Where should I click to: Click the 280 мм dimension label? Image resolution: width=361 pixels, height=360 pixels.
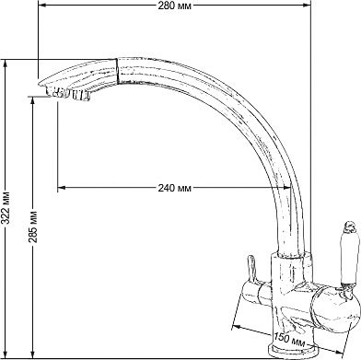coord(175,6)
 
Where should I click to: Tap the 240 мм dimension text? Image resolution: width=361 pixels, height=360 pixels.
coord(175,188)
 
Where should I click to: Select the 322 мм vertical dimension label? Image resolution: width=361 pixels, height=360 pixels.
coord(6,209)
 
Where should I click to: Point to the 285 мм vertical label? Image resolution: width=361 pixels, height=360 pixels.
coord(33,226)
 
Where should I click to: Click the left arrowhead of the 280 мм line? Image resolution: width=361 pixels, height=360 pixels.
coord(42,6)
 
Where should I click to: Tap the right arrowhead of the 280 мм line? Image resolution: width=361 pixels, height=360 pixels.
coord(307,6)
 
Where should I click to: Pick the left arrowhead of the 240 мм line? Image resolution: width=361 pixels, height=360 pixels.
coord(62,188)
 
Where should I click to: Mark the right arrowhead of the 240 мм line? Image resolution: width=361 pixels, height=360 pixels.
coord(286,188)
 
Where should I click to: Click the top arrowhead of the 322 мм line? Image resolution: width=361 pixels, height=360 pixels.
coord(5,64)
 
